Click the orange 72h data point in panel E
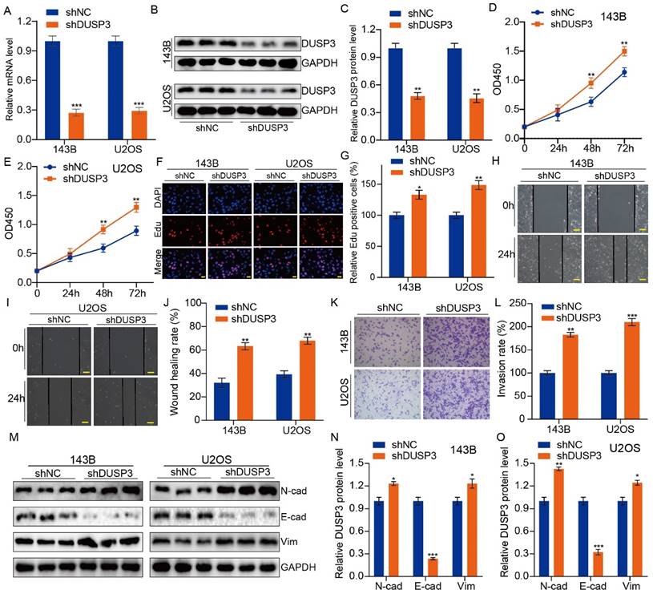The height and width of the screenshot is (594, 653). pyautogui.click(x=137, y=207)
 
